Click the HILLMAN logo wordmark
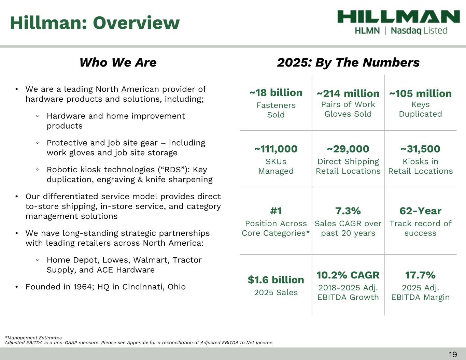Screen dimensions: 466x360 tap(398, 17)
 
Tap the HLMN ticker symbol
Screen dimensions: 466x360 tap(367, 31)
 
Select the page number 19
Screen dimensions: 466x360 tap(453, 355)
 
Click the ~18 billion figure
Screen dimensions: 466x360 tap(276, 93)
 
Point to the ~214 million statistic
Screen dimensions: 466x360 tap(348, 93)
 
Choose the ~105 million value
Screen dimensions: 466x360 tap(420, 93)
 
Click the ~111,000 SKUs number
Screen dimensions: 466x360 tap(276, 149)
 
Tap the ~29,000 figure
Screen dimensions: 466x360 tap(348, 149)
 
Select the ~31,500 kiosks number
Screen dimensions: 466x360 tap(420, 149)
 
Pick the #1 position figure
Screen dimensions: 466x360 tap(276, 211)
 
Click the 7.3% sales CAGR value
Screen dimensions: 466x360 tap(348, 211)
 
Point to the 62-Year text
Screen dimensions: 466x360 tap(420, 211)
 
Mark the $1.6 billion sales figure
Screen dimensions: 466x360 tap(276, 280)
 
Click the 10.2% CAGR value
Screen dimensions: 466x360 tap(348, 275)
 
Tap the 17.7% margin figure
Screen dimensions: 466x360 tap(420, 275)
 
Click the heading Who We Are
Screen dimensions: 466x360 tap(118, 62)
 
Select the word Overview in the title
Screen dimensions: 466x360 tap(137, 23)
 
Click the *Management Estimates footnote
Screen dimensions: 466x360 tap(33, 338)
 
